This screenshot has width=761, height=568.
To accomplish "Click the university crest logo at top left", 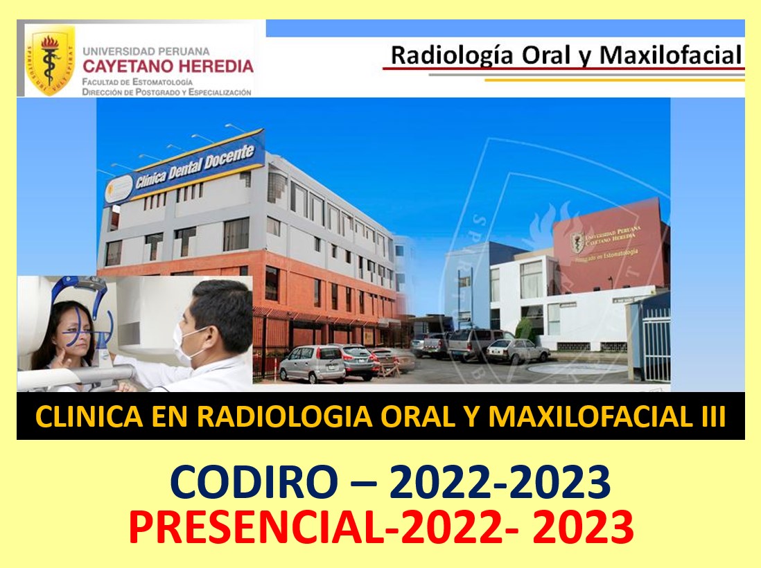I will pyautogui.click(x=50, y=60).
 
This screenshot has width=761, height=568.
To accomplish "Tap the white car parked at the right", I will pyautogui.click(x=516, y=351).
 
